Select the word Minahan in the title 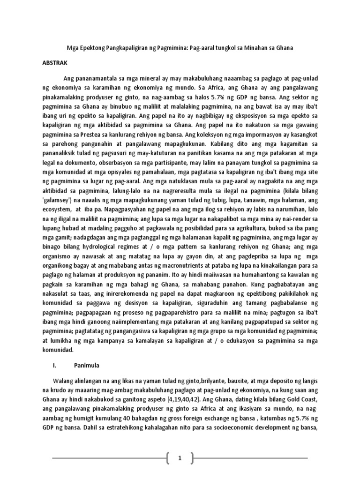tap(260, 48)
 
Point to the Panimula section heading tap(84, 364)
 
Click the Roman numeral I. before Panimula tap(55, 364)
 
